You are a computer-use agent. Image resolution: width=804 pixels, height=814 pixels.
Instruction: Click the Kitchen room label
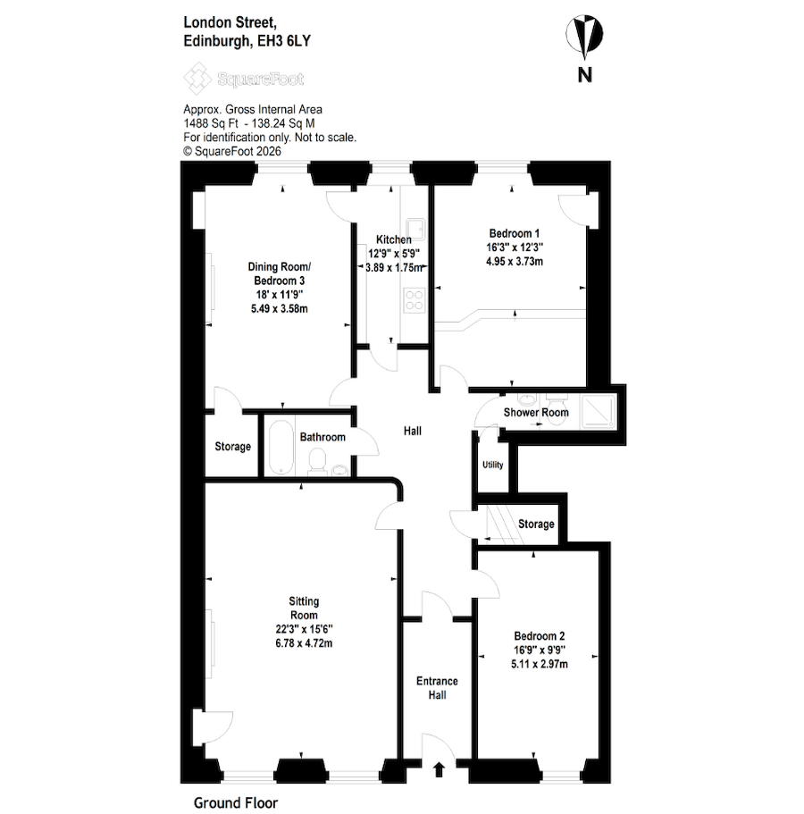point(393,239)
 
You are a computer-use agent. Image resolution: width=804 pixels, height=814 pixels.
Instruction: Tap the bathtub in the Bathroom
point(279,447)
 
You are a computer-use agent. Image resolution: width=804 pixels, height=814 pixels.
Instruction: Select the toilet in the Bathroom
point(314,460)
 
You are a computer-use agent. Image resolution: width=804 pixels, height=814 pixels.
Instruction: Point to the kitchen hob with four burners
point(415,300)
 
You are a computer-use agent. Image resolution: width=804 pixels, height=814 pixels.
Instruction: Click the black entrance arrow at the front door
point(438,768)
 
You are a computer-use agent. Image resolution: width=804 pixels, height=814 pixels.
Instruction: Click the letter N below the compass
point(584,76)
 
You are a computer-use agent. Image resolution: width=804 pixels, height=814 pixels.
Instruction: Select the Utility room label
point(492,466)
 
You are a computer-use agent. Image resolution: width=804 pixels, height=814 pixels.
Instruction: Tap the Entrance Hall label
point(437,688)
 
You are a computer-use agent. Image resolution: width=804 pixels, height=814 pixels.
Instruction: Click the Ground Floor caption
point(234,802)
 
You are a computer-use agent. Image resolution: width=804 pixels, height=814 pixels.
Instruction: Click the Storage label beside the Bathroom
point(232,446)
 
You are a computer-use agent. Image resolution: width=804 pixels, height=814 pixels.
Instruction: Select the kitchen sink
point(415,228)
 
